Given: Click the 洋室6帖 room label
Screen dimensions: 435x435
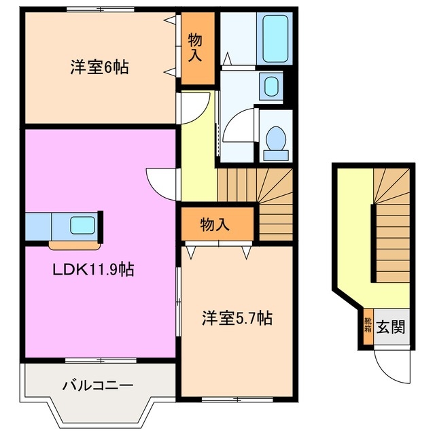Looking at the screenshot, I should click(x=99, y=67).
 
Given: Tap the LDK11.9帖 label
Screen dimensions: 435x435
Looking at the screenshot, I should click(x=93, y=270).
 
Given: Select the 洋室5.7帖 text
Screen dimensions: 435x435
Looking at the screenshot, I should click(x=238, y=317).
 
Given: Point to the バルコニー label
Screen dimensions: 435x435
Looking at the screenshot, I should click(x=97, y=385).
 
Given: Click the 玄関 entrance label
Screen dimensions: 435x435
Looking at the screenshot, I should click(x=391, y=326).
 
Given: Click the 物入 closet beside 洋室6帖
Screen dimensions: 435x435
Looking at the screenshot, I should click(x=196, y=48).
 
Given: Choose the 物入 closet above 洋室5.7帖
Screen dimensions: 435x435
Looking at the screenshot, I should click(x=216, y=224).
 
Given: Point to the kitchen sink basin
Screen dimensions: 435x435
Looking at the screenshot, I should click(x=83, y=225).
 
